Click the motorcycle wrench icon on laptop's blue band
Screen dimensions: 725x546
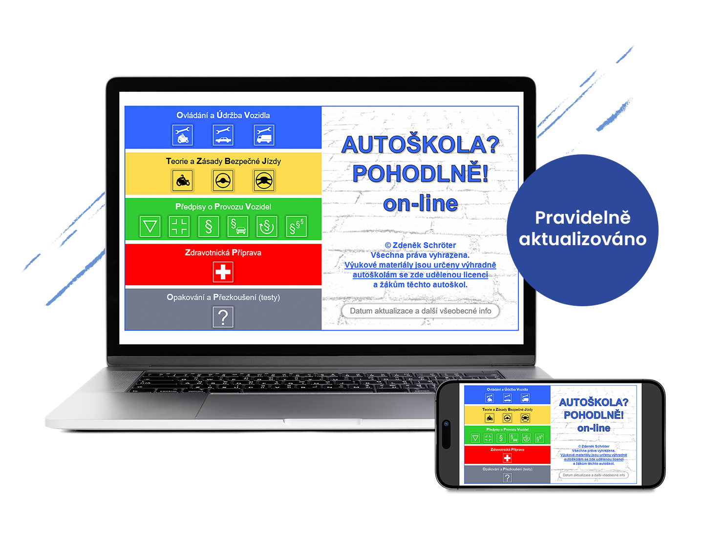point(183,135)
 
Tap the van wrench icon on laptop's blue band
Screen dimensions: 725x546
point(264,135)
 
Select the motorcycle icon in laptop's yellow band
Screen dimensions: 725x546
point(183,181)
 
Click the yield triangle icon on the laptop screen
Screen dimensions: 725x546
point(150,227)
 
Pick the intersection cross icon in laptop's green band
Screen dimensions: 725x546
point(179,227)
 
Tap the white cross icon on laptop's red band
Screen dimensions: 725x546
point(223,272)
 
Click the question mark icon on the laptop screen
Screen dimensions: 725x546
point(223,317)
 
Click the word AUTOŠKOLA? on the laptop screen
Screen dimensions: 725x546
point(420,145)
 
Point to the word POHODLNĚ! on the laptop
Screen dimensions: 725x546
point(420,174)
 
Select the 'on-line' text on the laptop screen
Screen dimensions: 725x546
point(420,204)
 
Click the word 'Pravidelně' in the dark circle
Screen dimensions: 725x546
point(582,217)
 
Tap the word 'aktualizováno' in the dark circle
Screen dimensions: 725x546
point(582,239)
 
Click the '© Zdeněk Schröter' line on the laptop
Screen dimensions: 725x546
point(420,245)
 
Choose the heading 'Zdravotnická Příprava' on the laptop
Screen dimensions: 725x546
point(223,252)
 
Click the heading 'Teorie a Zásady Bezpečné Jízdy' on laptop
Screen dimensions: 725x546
point(223,161)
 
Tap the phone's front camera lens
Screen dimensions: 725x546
point(446,424)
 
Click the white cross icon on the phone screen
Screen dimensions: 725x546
point(507,458)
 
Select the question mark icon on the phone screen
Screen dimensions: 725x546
point(507,478)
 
